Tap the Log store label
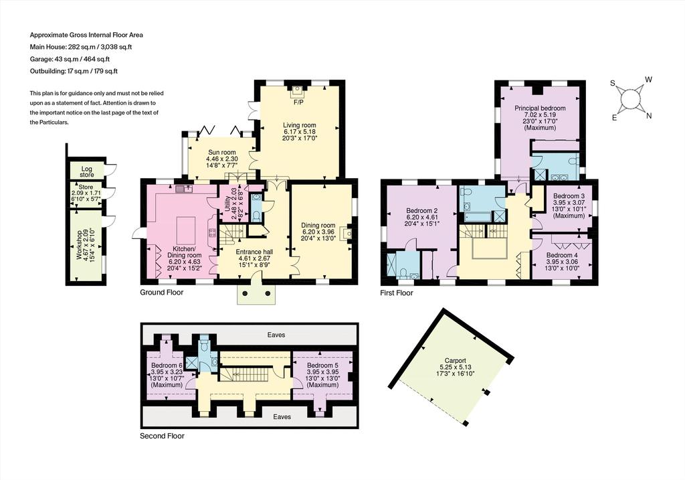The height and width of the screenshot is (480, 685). pos(87,172)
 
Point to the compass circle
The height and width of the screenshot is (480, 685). pos(629,98)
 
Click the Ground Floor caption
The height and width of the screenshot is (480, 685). pos(162,293)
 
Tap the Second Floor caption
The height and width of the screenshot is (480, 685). pos(162,436)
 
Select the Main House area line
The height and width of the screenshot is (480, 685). pos(81,47)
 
